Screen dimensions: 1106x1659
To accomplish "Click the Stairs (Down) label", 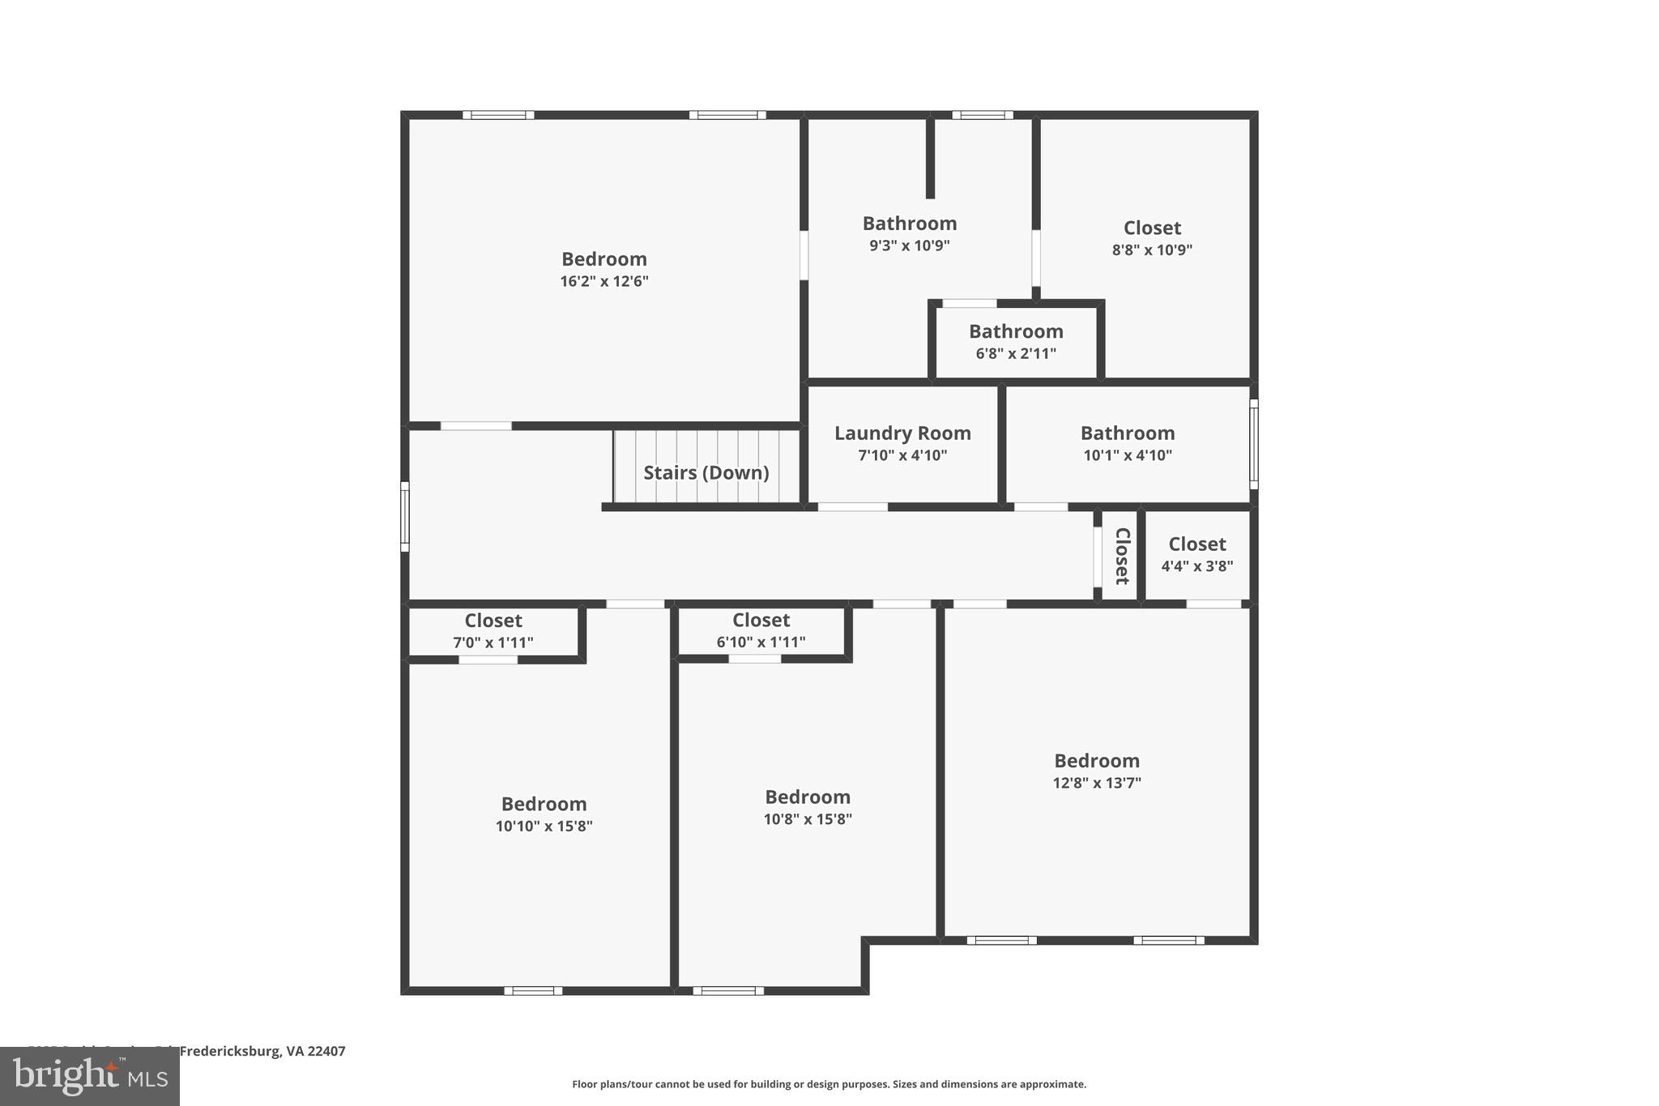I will [x=706, y=472].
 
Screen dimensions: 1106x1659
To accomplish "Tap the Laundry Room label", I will [x=902, y=433].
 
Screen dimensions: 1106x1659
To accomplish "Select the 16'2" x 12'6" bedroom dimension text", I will [x=604, y=282].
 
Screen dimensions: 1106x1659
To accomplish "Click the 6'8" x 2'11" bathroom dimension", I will [x=1016, y=353].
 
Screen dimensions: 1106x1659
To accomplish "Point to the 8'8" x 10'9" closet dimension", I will [x=1152, y=250].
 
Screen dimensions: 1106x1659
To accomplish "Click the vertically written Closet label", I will [x=1122, y=556].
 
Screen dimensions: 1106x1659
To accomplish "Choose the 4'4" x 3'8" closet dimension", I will [x=1197, y=566].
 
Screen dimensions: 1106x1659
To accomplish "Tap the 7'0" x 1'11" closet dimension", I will [x=493, y=643].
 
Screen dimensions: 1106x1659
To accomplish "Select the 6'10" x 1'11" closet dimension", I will [x=761, y=643].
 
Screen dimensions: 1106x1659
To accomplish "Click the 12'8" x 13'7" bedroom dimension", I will [x=1097, y=783].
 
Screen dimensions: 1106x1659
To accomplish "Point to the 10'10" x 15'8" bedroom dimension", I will [x=544, y=826].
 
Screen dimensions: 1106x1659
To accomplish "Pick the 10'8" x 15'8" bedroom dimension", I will [x=808, y=819].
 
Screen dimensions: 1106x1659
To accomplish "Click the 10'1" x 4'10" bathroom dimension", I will [x=1128, y=455].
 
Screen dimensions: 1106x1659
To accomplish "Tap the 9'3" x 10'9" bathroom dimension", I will [x=910, y=246].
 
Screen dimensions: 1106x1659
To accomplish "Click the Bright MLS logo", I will [x=89, y=1076].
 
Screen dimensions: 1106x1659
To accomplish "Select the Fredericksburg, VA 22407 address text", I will [x=262, y=1051].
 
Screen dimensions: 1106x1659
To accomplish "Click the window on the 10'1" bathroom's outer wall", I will [x=1253, y=444].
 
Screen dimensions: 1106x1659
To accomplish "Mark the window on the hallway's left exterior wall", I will [x=405, y=516].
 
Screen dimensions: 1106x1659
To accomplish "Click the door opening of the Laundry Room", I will [x=852, y=507].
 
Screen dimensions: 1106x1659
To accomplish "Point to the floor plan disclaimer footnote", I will [x=829, y=1084].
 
